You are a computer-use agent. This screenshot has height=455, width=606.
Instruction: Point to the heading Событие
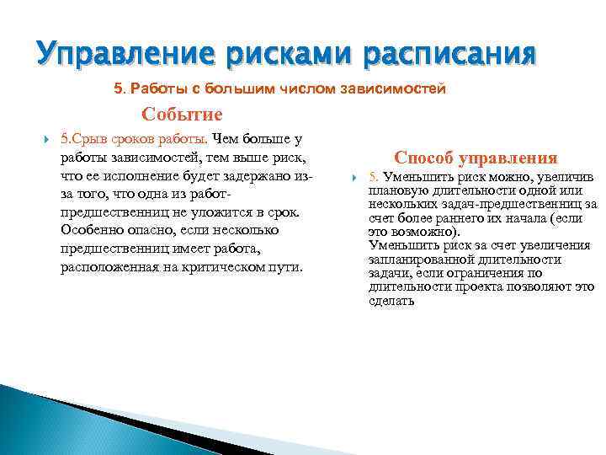coord(182,115)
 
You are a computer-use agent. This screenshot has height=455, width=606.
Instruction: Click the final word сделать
coord(391,300)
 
